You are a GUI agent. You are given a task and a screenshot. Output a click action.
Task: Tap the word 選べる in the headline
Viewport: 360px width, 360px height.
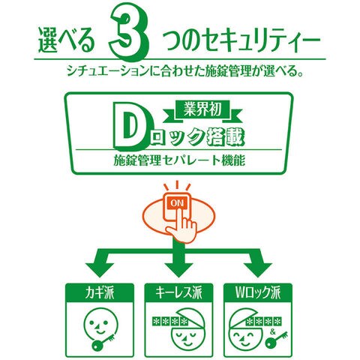[67, 40]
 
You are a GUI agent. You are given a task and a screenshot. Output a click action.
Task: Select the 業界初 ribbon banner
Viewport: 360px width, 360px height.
[202, 110]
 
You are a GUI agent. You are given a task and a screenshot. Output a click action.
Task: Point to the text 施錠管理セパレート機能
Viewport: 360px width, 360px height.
[179, 160]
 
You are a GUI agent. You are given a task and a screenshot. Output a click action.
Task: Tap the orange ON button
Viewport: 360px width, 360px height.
[177, 202]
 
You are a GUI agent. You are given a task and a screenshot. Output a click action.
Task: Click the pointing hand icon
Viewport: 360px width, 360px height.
[183, 225]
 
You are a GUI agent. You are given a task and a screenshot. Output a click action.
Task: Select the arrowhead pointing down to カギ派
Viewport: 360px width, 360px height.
[100, 269]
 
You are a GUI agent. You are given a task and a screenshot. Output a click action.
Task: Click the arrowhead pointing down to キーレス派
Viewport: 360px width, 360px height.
[178, 269]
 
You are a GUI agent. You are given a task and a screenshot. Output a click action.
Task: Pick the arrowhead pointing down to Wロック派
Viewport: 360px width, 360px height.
[257, 269]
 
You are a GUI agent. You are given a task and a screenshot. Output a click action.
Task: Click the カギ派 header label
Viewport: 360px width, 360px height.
[100, 292]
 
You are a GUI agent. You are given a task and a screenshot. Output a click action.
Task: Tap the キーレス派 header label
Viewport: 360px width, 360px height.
[178, 292]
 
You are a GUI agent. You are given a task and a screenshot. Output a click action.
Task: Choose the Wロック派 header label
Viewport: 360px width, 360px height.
[258, 292]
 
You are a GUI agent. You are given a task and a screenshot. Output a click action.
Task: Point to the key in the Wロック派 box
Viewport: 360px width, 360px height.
[276, 340]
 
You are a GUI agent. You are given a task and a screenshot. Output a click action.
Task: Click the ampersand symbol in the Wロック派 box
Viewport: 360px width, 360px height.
[273, 332]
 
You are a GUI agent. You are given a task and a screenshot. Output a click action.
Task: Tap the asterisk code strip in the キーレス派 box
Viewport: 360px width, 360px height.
[169, 322]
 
